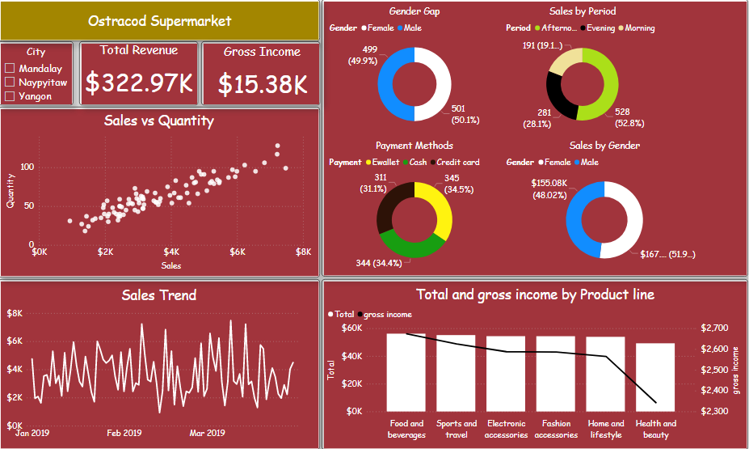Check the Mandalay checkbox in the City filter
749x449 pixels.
10,69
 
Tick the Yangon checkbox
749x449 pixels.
10,96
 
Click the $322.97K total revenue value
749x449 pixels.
139,83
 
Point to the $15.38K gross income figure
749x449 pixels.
262,84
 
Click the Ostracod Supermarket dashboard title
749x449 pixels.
159,21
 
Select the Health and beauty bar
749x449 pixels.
655,377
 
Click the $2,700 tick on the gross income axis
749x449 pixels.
713,328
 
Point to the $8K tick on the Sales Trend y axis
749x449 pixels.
15,314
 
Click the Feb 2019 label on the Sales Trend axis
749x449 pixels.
124,434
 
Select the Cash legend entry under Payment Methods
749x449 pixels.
418,163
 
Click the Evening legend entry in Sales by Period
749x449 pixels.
599,28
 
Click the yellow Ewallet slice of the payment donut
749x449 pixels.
439,205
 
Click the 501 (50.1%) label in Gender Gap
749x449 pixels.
464,114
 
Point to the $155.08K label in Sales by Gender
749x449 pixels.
549,188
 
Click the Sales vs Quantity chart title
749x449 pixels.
159,121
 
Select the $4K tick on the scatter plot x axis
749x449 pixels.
170,252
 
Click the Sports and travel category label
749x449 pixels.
457,429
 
